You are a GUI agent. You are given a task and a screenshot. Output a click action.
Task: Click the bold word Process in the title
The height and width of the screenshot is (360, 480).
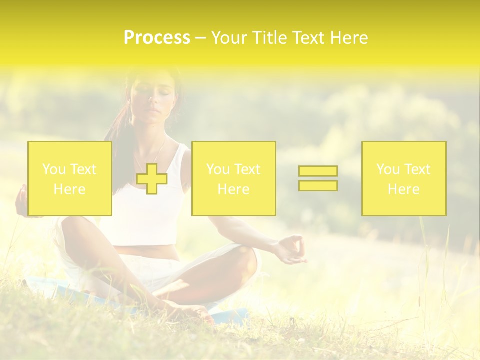click(157, 38)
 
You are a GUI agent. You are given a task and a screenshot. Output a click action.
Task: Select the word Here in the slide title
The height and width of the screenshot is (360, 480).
click(348, 38)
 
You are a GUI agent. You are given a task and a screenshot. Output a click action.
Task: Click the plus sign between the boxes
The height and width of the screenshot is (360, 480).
click(152, 179)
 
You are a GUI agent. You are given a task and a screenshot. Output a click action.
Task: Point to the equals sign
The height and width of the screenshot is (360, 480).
click(318, 178)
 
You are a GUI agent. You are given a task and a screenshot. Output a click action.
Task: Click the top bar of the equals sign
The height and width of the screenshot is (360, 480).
click(318, 171)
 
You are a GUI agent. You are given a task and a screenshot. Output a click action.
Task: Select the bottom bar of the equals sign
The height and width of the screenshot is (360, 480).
click(318, 185)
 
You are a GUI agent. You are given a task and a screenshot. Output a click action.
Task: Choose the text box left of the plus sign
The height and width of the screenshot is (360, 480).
click(70, 179)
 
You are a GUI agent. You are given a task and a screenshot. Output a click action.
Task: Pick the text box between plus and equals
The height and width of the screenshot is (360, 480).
click(234, 179)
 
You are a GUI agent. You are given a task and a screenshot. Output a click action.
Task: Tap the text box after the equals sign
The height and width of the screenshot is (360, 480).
click(404, 179)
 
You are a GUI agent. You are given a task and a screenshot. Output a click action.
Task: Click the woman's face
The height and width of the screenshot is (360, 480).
click(152, 97)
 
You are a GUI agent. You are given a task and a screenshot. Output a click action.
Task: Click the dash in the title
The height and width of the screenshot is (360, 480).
click(200, 38)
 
